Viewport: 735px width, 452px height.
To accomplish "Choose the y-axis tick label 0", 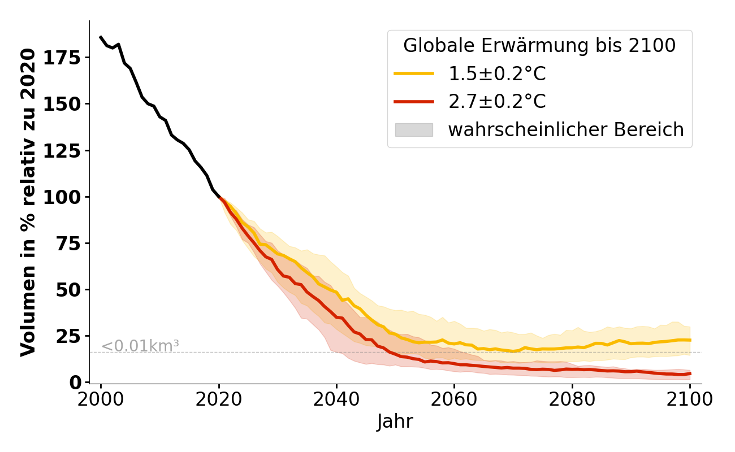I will click(75, 383).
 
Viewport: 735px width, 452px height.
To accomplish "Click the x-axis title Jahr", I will click(395, 421).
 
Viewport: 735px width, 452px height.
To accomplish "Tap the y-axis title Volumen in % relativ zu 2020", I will click(28, 202).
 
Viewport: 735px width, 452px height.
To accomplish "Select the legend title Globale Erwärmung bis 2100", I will click(539, 46).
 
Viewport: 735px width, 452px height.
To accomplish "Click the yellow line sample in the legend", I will click(414, 73).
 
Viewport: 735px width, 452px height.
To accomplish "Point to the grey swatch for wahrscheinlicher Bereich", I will click(414, 130).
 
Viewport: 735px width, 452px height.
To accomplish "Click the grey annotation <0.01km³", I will click(140, 346).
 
